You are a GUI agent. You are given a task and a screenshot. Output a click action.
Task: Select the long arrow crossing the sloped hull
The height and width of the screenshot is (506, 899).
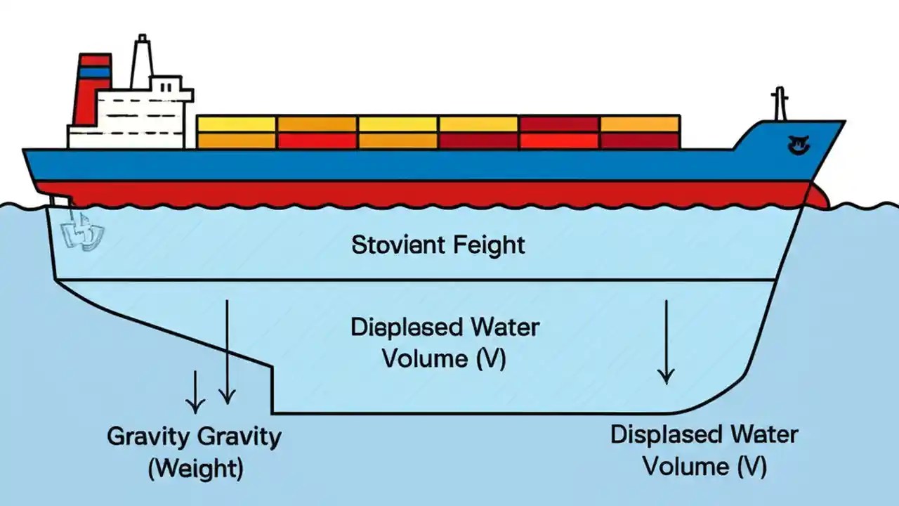[x=226, y=351]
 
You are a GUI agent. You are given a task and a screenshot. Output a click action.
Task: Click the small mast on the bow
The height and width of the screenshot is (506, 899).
[x=778, y=105]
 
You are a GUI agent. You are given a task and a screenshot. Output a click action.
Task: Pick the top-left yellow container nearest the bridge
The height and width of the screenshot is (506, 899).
[x=236, y=124]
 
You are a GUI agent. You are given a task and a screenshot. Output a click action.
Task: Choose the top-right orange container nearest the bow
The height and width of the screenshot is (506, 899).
[x=640, y=124]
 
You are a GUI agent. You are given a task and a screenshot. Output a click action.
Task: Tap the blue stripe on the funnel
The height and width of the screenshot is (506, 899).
[x=94, y=72]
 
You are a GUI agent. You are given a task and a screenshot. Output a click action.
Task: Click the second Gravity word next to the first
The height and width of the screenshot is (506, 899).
[x=239, y=436]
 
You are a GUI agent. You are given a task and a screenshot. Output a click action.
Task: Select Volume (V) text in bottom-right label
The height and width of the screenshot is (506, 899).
[x=704, y=466]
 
